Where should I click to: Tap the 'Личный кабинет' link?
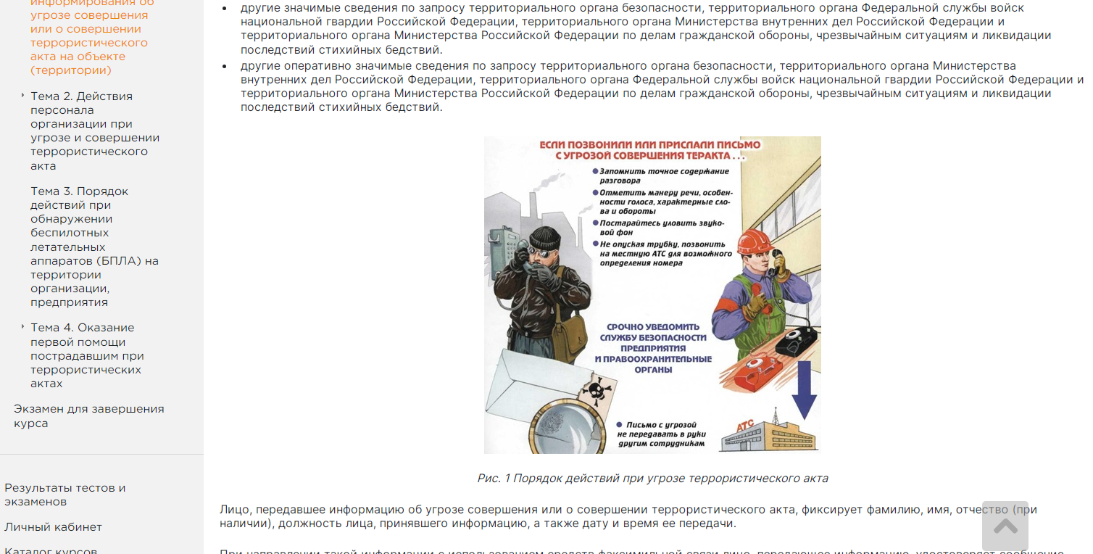tap(53, 527)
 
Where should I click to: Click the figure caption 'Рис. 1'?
tap(652, 479)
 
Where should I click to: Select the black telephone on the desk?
tap(796, 340)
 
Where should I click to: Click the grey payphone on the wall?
tap(500, 250)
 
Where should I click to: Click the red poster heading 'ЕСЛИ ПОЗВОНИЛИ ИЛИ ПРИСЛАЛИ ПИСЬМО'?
tap(650, 145)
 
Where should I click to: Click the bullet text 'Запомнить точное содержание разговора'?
tap(663, 175)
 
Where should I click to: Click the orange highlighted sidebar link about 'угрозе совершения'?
tap(88, 36)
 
